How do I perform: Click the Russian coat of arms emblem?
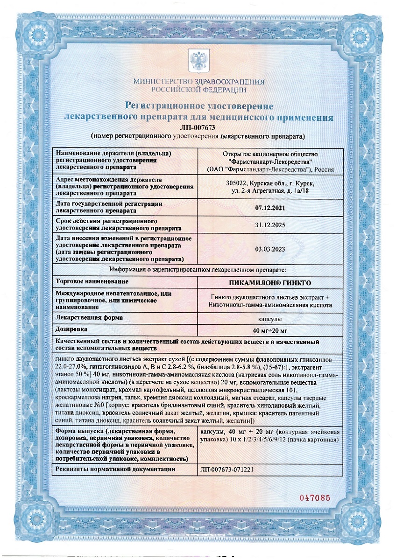198,59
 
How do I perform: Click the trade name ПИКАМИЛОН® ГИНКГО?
271,283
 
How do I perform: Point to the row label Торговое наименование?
92,282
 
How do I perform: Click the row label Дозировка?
71,329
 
